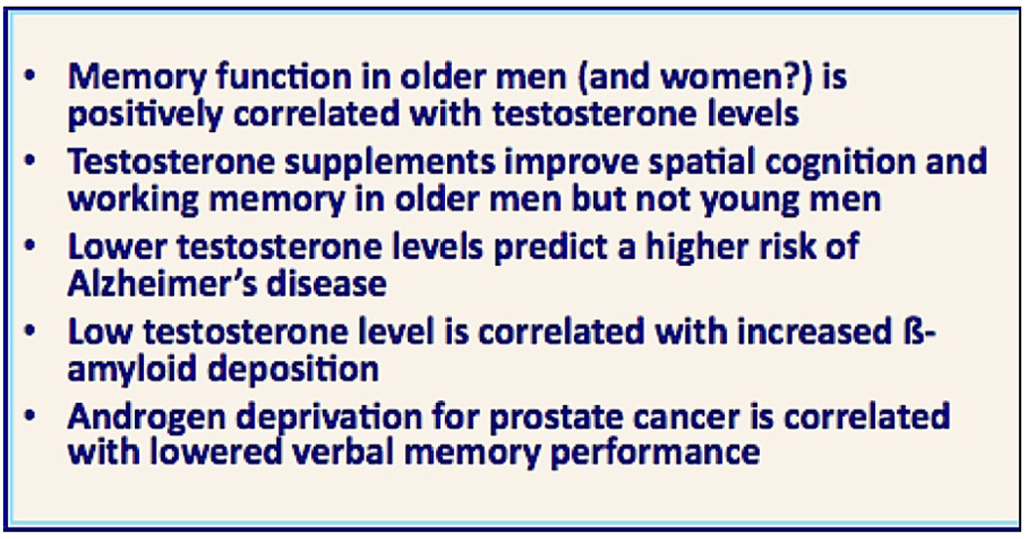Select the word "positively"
coord(146,114)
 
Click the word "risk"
coord(782,247)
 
